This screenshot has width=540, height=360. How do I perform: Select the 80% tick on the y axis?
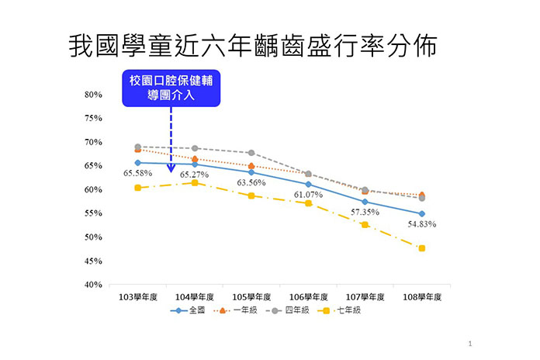click(x=93, y=95)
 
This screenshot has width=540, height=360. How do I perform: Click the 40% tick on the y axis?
click(x=93, y=285)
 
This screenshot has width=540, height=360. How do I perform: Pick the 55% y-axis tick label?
click(x=93, y=213)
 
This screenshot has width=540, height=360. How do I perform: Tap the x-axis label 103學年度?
click(x=137, y=297)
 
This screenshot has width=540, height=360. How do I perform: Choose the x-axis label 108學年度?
click(x=422, y=297)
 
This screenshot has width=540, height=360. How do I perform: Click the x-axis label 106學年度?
click(x=308, y=297)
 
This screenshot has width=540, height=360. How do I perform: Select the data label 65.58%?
click(x=137, y=174)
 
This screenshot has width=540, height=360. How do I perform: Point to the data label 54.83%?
click(x=422, y=224)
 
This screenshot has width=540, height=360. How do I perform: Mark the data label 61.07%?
click(x=308, y=194)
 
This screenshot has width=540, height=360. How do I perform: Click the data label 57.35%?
click(x=365, y=211)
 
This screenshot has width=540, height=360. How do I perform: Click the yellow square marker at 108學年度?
click(x=422, y=248)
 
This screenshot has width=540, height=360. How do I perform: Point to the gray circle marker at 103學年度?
click(x=138, y=147)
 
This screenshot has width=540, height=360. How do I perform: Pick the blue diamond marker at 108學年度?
click(x=422, y=213)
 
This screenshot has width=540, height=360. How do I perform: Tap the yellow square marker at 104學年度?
click(x=195, y=182)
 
